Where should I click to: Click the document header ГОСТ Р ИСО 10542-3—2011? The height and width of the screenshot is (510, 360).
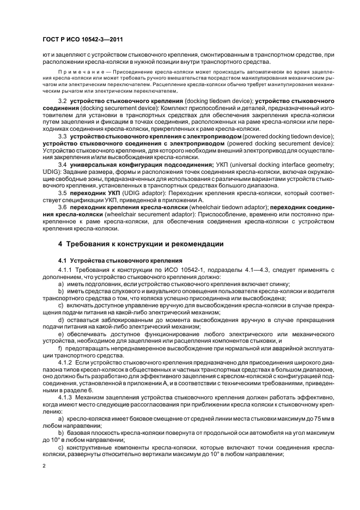(75, 39)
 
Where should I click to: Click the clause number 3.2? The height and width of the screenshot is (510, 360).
(63, 102)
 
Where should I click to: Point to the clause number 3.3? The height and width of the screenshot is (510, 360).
(63, 136)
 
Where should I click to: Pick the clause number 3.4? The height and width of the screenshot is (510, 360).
(63, 163)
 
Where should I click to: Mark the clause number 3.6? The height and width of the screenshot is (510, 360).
(63, 208)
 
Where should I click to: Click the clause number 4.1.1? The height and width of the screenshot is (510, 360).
(65, 271)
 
